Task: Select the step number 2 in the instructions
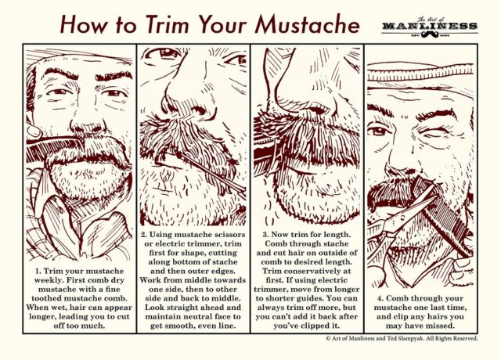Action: pos(145,234)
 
